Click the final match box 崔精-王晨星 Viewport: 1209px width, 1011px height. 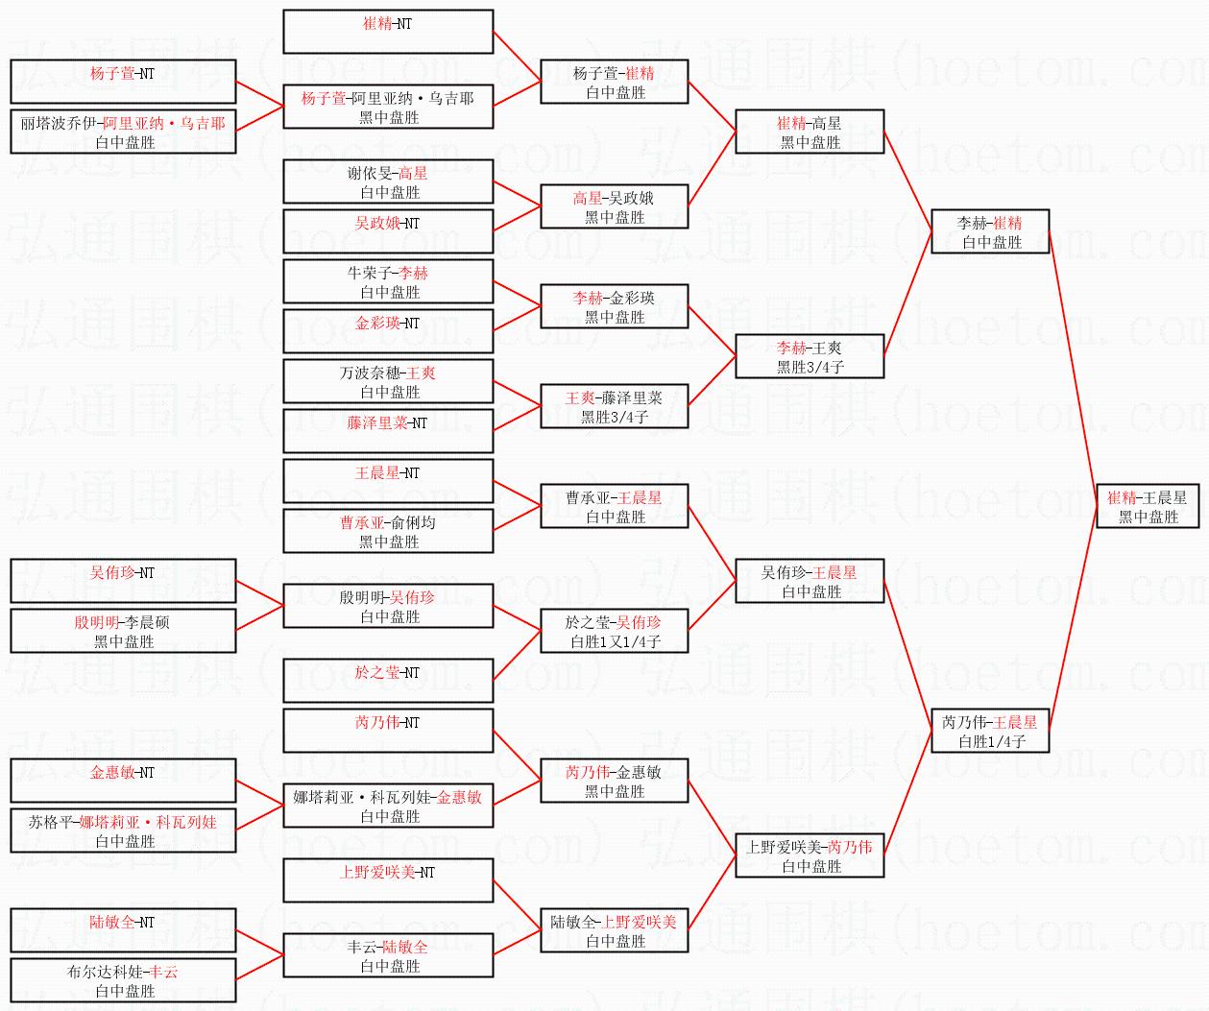pos(1148,506)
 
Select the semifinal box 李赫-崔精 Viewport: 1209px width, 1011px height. pos(989,231)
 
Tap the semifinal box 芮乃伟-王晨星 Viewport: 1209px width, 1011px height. pos(989,731)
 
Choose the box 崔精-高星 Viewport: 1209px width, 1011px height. pos(810,132)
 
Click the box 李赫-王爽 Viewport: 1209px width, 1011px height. pos(810,356)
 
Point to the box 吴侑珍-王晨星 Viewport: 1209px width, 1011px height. pos(810,581)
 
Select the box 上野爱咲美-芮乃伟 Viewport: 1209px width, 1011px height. pos(810,855)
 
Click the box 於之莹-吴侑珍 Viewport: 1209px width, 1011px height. pos(615,631)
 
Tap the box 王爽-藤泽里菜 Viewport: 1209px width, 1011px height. pos(615,406)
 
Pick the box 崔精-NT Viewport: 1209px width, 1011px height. pos(388,32)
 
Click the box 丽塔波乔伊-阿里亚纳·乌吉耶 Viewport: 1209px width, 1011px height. pos(123,132)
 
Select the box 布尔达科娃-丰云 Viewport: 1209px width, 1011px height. pos(123,980)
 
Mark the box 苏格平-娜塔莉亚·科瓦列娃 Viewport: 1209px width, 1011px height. pos(123,830)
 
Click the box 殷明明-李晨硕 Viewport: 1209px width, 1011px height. pos(123,631)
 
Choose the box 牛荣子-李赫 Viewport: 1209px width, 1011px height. pos(388,281)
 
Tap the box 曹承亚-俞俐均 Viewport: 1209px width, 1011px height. pos(388,531)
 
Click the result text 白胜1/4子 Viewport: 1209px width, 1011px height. pos(991,741)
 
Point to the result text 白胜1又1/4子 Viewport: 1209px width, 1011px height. pos(615,641)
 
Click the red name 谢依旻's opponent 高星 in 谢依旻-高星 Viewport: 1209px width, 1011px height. pos(413,174)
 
